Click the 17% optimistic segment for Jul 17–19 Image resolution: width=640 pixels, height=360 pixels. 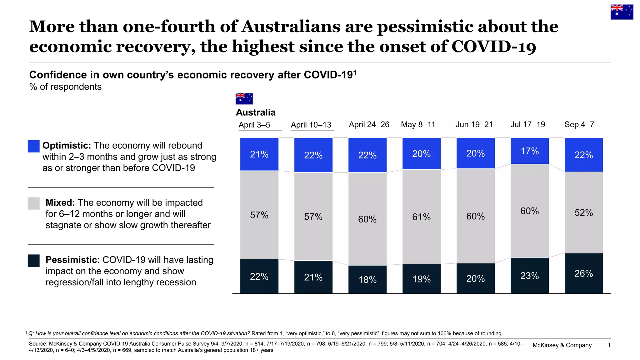(x=529, y=151)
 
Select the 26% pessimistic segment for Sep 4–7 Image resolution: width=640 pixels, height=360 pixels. (x=583, y=273)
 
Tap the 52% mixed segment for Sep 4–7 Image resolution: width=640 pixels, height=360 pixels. (x=583, y=212)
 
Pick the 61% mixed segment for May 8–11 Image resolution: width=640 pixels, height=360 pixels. (x=421, y=217)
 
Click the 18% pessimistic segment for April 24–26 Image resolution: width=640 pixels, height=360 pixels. (x=367, y=279)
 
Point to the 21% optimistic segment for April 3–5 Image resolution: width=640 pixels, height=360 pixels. (x=259, y=154)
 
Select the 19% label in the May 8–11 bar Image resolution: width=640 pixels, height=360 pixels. (x=421, y=279)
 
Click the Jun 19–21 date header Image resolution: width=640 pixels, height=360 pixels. (x=474, y=125)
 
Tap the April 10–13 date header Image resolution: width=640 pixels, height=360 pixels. (x=311, y=125)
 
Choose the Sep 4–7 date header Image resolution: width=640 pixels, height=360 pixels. (x=579, y=125)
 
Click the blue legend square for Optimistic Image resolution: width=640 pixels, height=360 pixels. (x=34, y=146)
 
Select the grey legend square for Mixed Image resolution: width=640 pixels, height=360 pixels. (x=34, y=203)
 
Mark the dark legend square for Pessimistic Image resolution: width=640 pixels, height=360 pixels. (x=34, y=261)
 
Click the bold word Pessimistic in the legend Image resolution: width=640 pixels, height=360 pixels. (x=72, y=260)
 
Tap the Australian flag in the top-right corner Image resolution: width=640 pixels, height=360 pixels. (x=622, y=12)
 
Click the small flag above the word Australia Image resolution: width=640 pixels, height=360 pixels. (x=244, y=99)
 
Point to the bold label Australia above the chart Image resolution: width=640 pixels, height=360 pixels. (x=256, y=112)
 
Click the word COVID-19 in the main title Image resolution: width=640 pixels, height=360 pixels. (x=493, y=47)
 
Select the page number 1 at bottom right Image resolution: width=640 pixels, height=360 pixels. (x=609, y=345)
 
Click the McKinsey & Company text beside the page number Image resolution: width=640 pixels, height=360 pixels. (x=562, y=345)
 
